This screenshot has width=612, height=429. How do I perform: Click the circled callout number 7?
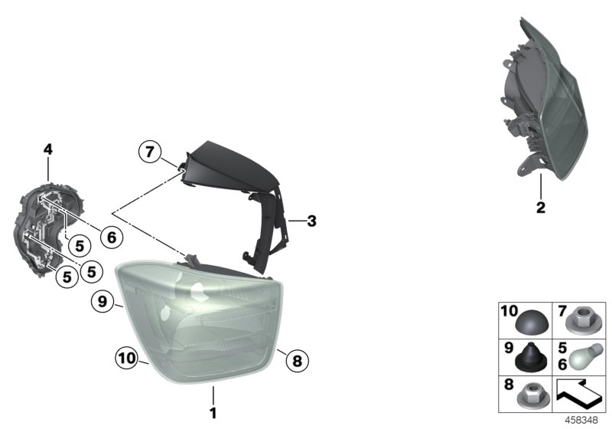click(150, 152)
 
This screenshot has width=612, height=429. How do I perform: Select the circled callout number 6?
click(112, 237)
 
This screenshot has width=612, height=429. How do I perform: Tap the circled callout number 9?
click(103, 301)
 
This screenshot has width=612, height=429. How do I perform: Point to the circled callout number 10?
click(127, 358)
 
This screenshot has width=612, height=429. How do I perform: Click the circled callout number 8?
click(297, 360)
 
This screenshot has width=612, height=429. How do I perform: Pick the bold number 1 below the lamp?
click(213, 413)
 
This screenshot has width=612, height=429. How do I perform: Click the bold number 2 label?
click(541, 207)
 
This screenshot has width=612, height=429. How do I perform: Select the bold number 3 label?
click(311, 221)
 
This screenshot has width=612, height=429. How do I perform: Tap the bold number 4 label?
click(47, 149)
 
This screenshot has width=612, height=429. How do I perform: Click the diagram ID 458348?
click(581, 421)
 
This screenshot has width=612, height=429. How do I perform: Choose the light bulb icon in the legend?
click(581, 356)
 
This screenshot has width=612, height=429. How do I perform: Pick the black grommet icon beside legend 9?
click(531, 357)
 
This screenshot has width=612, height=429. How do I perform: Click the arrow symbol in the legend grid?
click(579, 393)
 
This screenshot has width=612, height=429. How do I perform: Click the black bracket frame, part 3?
click(242, 188)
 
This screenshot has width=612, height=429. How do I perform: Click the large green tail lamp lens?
click(199, 324)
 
